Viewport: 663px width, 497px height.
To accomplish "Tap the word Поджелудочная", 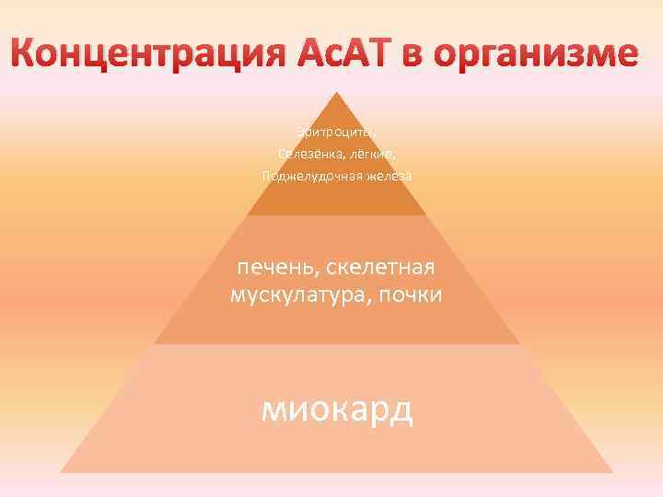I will [x=308, y=175].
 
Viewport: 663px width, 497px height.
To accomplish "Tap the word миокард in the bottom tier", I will [x=337, y=410].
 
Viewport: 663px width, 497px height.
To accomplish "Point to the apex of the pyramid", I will [x=337, y=92].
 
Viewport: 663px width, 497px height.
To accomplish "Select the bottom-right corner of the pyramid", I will [x=611, y=471].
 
